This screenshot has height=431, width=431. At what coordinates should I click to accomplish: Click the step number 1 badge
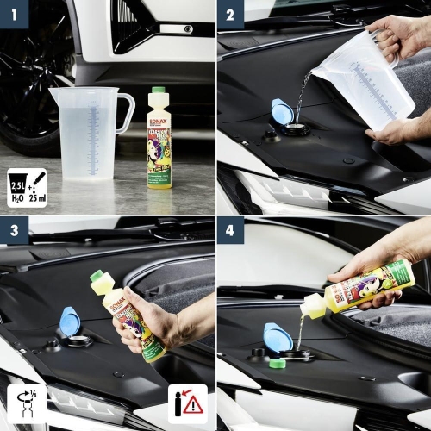click(15, 15)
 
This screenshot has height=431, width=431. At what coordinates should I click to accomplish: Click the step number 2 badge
click(229, 15)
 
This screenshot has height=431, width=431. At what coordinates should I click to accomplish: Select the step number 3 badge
click(15, 230)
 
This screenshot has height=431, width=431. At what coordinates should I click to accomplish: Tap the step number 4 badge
click(229, 230)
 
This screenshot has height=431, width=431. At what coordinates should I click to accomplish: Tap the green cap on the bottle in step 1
click(158, 90)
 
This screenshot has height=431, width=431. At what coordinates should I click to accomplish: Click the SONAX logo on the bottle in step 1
click(158, 112)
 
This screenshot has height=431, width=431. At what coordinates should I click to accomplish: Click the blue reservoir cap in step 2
click(282, 111)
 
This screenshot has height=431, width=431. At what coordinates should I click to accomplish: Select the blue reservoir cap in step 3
click(68, 322)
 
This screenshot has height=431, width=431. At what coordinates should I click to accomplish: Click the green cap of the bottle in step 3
click(97, 277)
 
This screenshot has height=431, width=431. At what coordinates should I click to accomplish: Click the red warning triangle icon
click(193, 404)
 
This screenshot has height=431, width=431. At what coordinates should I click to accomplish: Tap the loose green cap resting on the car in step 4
click(277, 364)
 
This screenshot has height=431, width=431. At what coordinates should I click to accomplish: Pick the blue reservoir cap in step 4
click(278, 336)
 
